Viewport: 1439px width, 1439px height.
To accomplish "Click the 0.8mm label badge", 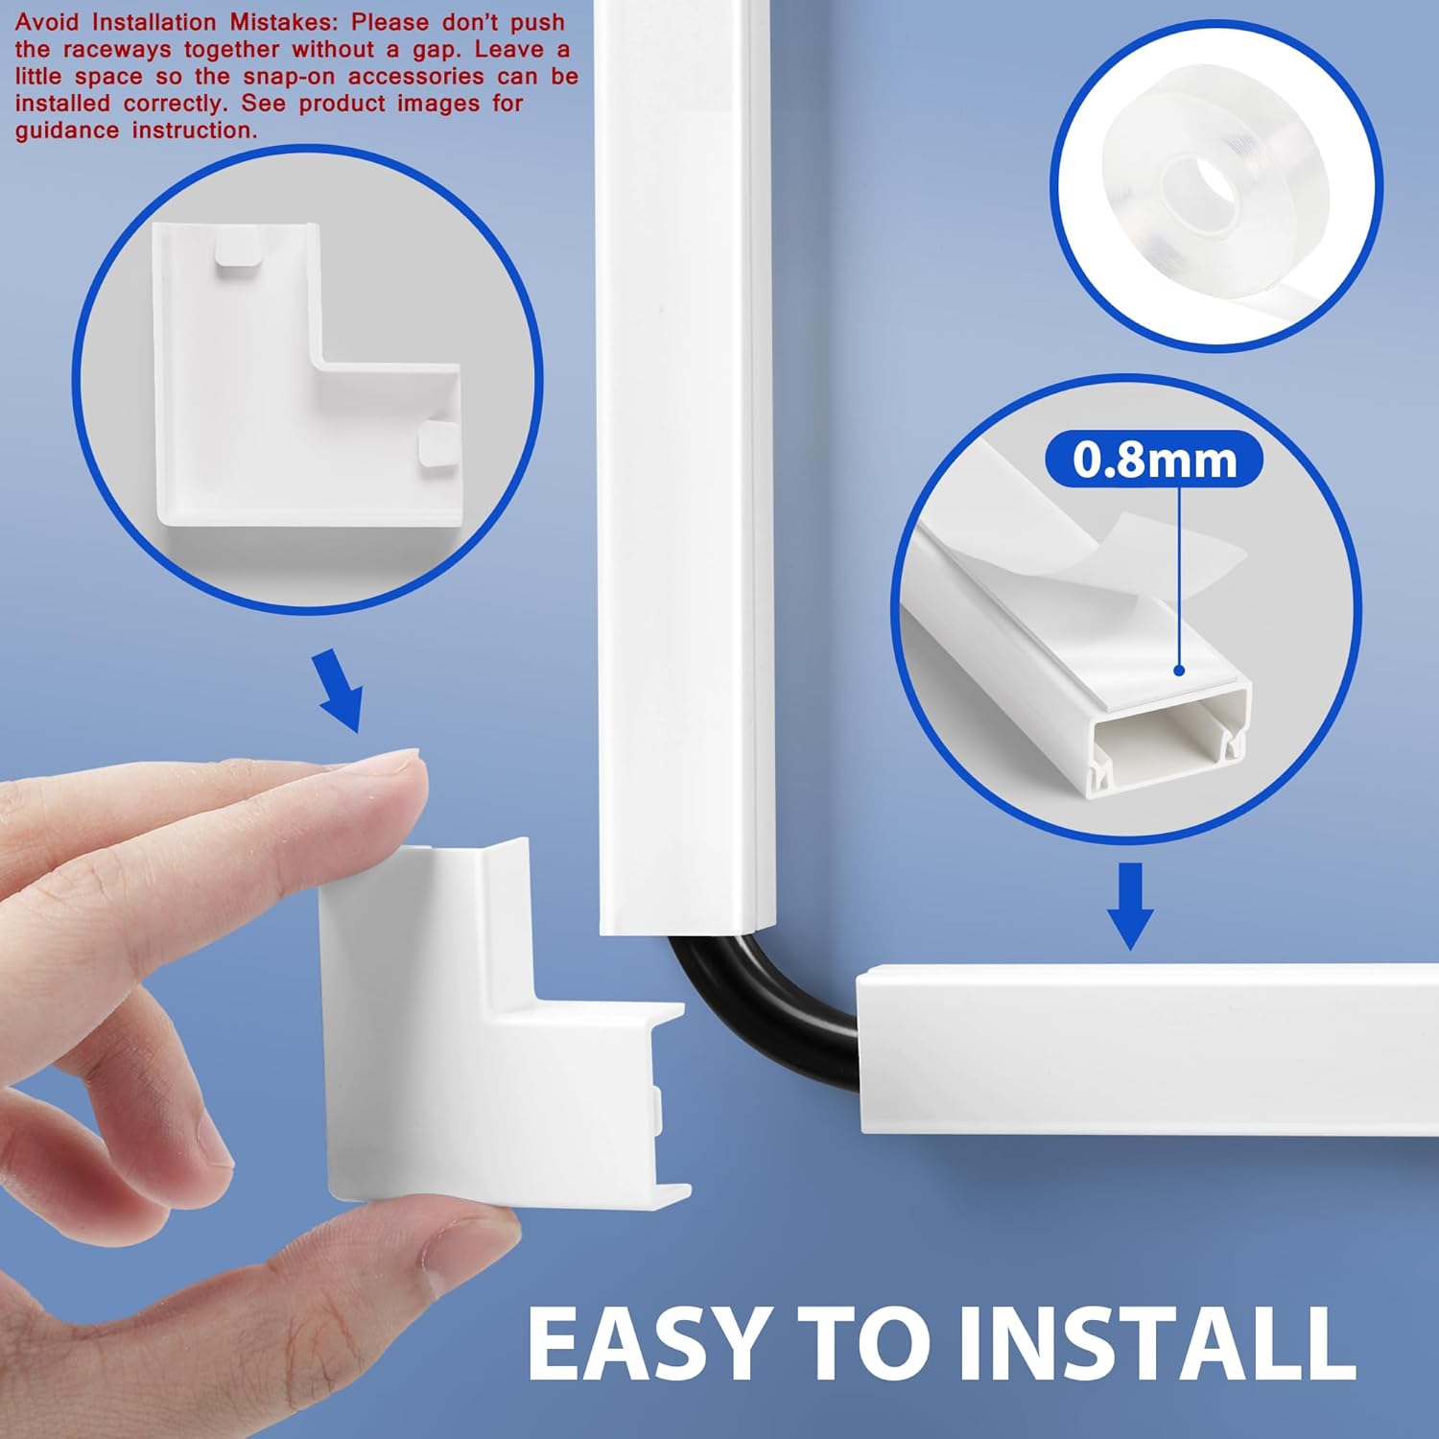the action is coord(1154,460).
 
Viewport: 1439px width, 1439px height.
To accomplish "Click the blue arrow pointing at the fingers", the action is coord(340,690).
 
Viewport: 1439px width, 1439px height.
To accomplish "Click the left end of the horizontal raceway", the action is coord(862,1051).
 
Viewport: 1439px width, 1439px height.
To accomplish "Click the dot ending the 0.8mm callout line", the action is coord(1180,672).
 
